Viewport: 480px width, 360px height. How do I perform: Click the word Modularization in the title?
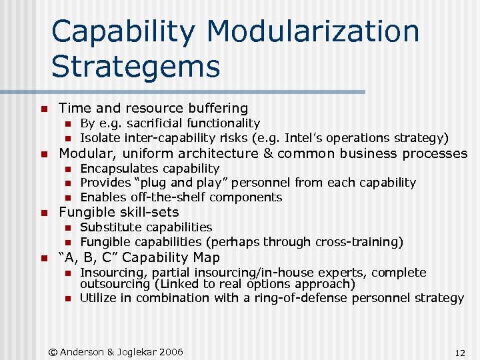pos(313,32)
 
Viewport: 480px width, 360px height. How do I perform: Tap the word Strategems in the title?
pos(135,66)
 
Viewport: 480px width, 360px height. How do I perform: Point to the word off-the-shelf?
pos(173,197)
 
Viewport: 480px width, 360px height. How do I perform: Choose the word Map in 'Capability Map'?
pos(207,257)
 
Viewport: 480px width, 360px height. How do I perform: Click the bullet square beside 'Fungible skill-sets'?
pos(43,213)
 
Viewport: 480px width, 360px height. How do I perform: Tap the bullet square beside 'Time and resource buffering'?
pos(43,109)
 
